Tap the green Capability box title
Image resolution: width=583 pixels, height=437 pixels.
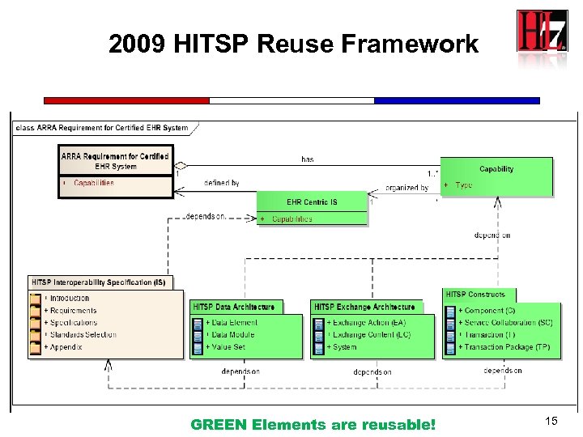tap(496, 169)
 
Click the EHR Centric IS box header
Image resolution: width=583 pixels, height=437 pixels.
tap(312, 202)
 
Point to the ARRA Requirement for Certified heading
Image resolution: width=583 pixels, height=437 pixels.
tap(116, 156)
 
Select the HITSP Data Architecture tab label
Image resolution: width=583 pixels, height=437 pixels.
tap(233, 308)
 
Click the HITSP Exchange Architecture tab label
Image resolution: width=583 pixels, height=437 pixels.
tap(364, 308)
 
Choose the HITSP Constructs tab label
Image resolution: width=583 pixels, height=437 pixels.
tap(475, 295)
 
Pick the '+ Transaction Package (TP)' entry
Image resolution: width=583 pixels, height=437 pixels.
tap(504, 347)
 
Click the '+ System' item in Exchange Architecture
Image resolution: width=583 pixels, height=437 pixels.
tap(342, 347)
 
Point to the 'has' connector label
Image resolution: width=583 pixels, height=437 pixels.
tap(308, 159)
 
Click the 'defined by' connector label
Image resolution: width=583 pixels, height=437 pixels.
tap(222, 184)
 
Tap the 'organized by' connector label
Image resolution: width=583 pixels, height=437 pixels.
tap(407, 188)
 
